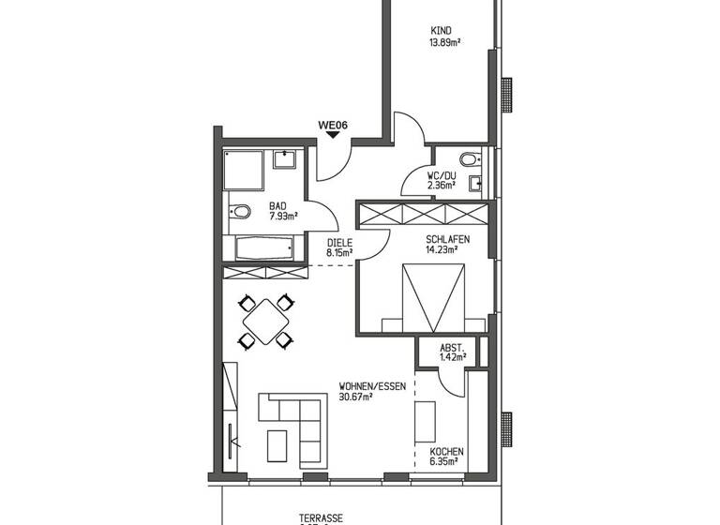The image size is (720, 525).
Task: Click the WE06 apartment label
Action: (333, 123)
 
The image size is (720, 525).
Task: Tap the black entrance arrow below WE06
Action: (333, 135)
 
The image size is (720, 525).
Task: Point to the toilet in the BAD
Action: (239, 213)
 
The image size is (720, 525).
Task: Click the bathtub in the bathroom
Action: (264, 249)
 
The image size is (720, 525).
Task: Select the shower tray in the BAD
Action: (245, 172)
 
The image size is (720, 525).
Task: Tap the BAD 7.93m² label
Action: (282, 212)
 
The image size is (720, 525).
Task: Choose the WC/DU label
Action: (441, 174)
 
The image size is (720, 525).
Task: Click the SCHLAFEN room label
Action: (448, 239)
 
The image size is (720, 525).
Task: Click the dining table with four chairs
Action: (265, 321)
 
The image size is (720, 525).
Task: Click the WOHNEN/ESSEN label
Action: (367, 385)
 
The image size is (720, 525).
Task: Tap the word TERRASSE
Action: (321, 517)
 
